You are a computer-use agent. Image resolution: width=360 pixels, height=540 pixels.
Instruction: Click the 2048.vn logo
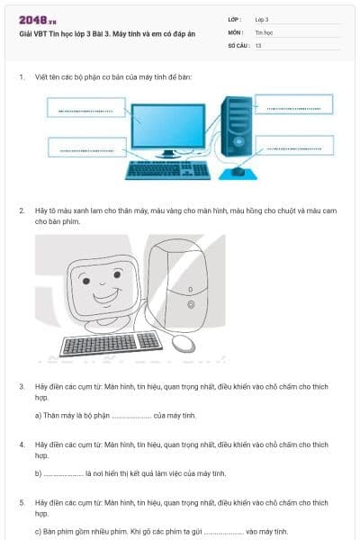38,21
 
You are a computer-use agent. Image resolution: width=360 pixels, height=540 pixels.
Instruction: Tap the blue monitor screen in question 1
168,126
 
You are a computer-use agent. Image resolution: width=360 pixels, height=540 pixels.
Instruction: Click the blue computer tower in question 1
237,127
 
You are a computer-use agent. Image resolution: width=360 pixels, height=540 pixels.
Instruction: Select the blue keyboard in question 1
167,170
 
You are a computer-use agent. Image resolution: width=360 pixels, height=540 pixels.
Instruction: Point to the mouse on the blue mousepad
238,171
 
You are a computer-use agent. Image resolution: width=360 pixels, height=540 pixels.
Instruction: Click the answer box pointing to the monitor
86,107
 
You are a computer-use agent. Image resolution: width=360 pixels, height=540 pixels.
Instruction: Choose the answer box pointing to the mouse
294,145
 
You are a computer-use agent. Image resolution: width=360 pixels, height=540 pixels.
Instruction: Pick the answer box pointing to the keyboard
87,148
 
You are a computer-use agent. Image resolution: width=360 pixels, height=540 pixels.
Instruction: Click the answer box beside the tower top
294,104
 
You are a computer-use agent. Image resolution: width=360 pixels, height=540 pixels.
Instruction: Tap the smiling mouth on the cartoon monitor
107,296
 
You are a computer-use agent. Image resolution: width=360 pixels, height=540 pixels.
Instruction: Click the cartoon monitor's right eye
117,274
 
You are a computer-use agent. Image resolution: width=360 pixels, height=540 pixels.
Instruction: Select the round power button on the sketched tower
191,304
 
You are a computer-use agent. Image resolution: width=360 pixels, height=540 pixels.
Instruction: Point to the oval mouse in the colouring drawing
184,344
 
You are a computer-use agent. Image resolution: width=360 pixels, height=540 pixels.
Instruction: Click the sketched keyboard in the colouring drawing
111,344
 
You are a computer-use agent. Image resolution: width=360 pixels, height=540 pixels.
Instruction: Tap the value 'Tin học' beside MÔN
264,32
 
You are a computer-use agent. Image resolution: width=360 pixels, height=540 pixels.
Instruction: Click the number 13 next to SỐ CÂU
258,46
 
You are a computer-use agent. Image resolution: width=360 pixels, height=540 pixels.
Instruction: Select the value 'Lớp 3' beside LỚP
262,20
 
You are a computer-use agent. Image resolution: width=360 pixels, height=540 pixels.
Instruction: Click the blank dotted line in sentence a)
131,418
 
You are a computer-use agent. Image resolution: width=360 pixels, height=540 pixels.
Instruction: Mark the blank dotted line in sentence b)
63,475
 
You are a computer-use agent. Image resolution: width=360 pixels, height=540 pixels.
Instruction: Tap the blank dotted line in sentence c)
224,534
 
